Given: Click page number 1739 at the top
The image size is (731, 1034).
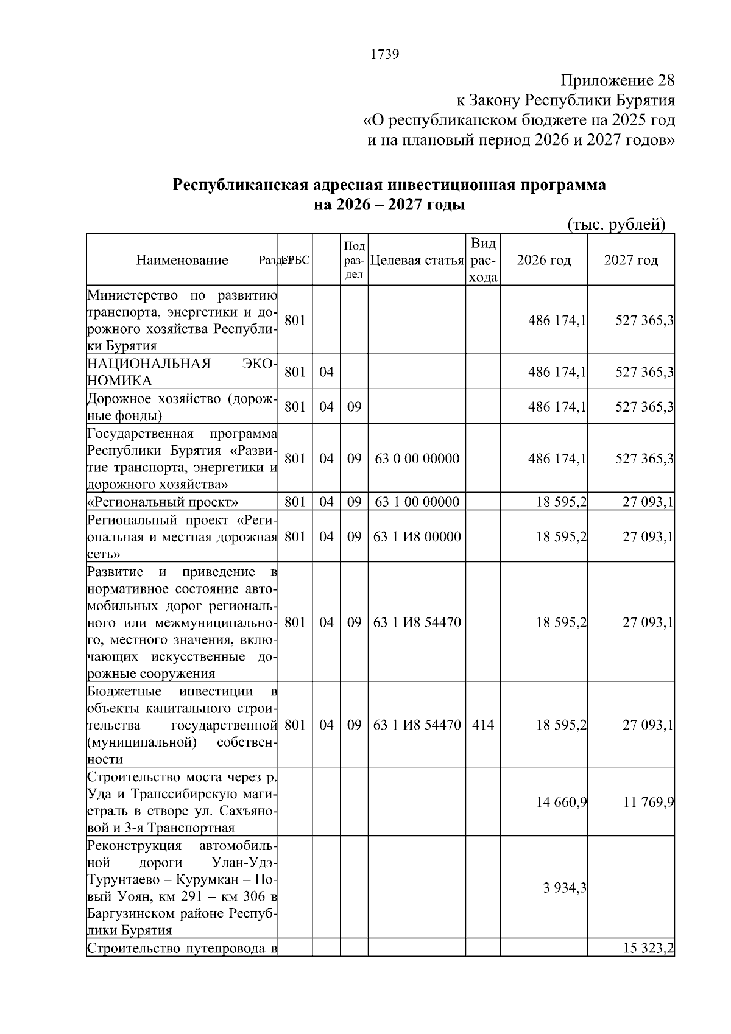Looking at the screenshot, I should (x=384, y=55).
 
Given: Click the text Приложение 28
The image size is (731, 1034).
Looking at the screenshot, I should (x=617, y=80).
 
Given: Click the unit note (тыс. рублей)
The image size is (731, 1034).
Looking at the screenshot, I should (x=616, y=225).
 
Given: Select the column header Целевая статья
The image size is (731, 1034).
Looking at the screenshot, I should (x=417, y=261).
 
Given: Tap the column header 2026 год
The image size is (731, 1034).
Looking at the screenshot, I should (x=543, y=261).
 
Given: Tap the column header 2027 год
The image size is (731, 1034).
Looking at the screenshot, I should (x=630, y=261).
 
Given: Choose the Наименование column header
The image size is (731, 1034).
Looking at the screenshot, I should (x=182, y=261).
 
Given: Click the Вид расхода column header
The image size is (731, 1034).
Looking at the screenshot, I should (x=483, y=261).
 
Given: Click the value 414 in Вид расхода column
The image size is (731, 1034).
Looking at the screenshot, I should (x=483, y=725).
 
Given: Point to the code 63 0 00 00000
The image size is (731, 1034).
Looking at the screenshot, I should (x=417, y=459).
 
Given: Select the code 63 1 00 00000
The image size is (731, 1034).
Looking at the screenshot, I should (x=417, y=502).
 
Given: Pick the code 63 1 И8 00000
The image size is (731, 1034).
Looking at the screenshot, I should (x=417, y=536).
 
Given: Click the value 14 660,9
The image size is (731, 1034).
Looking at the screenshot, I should (x=561, y=802).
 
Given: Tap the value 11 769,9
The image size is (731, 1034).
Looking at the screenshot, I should (x=648, y=802).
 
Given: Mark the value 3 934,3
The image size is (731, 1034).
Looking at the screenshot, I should (x=565, y=888).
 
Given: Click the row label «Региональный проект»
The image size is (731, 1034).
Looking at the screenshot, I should (x=163, y=502).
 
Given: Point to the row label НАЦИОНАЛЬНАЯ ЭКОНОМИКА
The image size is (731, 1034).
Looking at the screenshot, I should (x=182, y=372).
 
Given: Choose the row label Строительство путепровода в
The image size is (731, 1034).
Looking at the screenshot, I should (x=182, y=966).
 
